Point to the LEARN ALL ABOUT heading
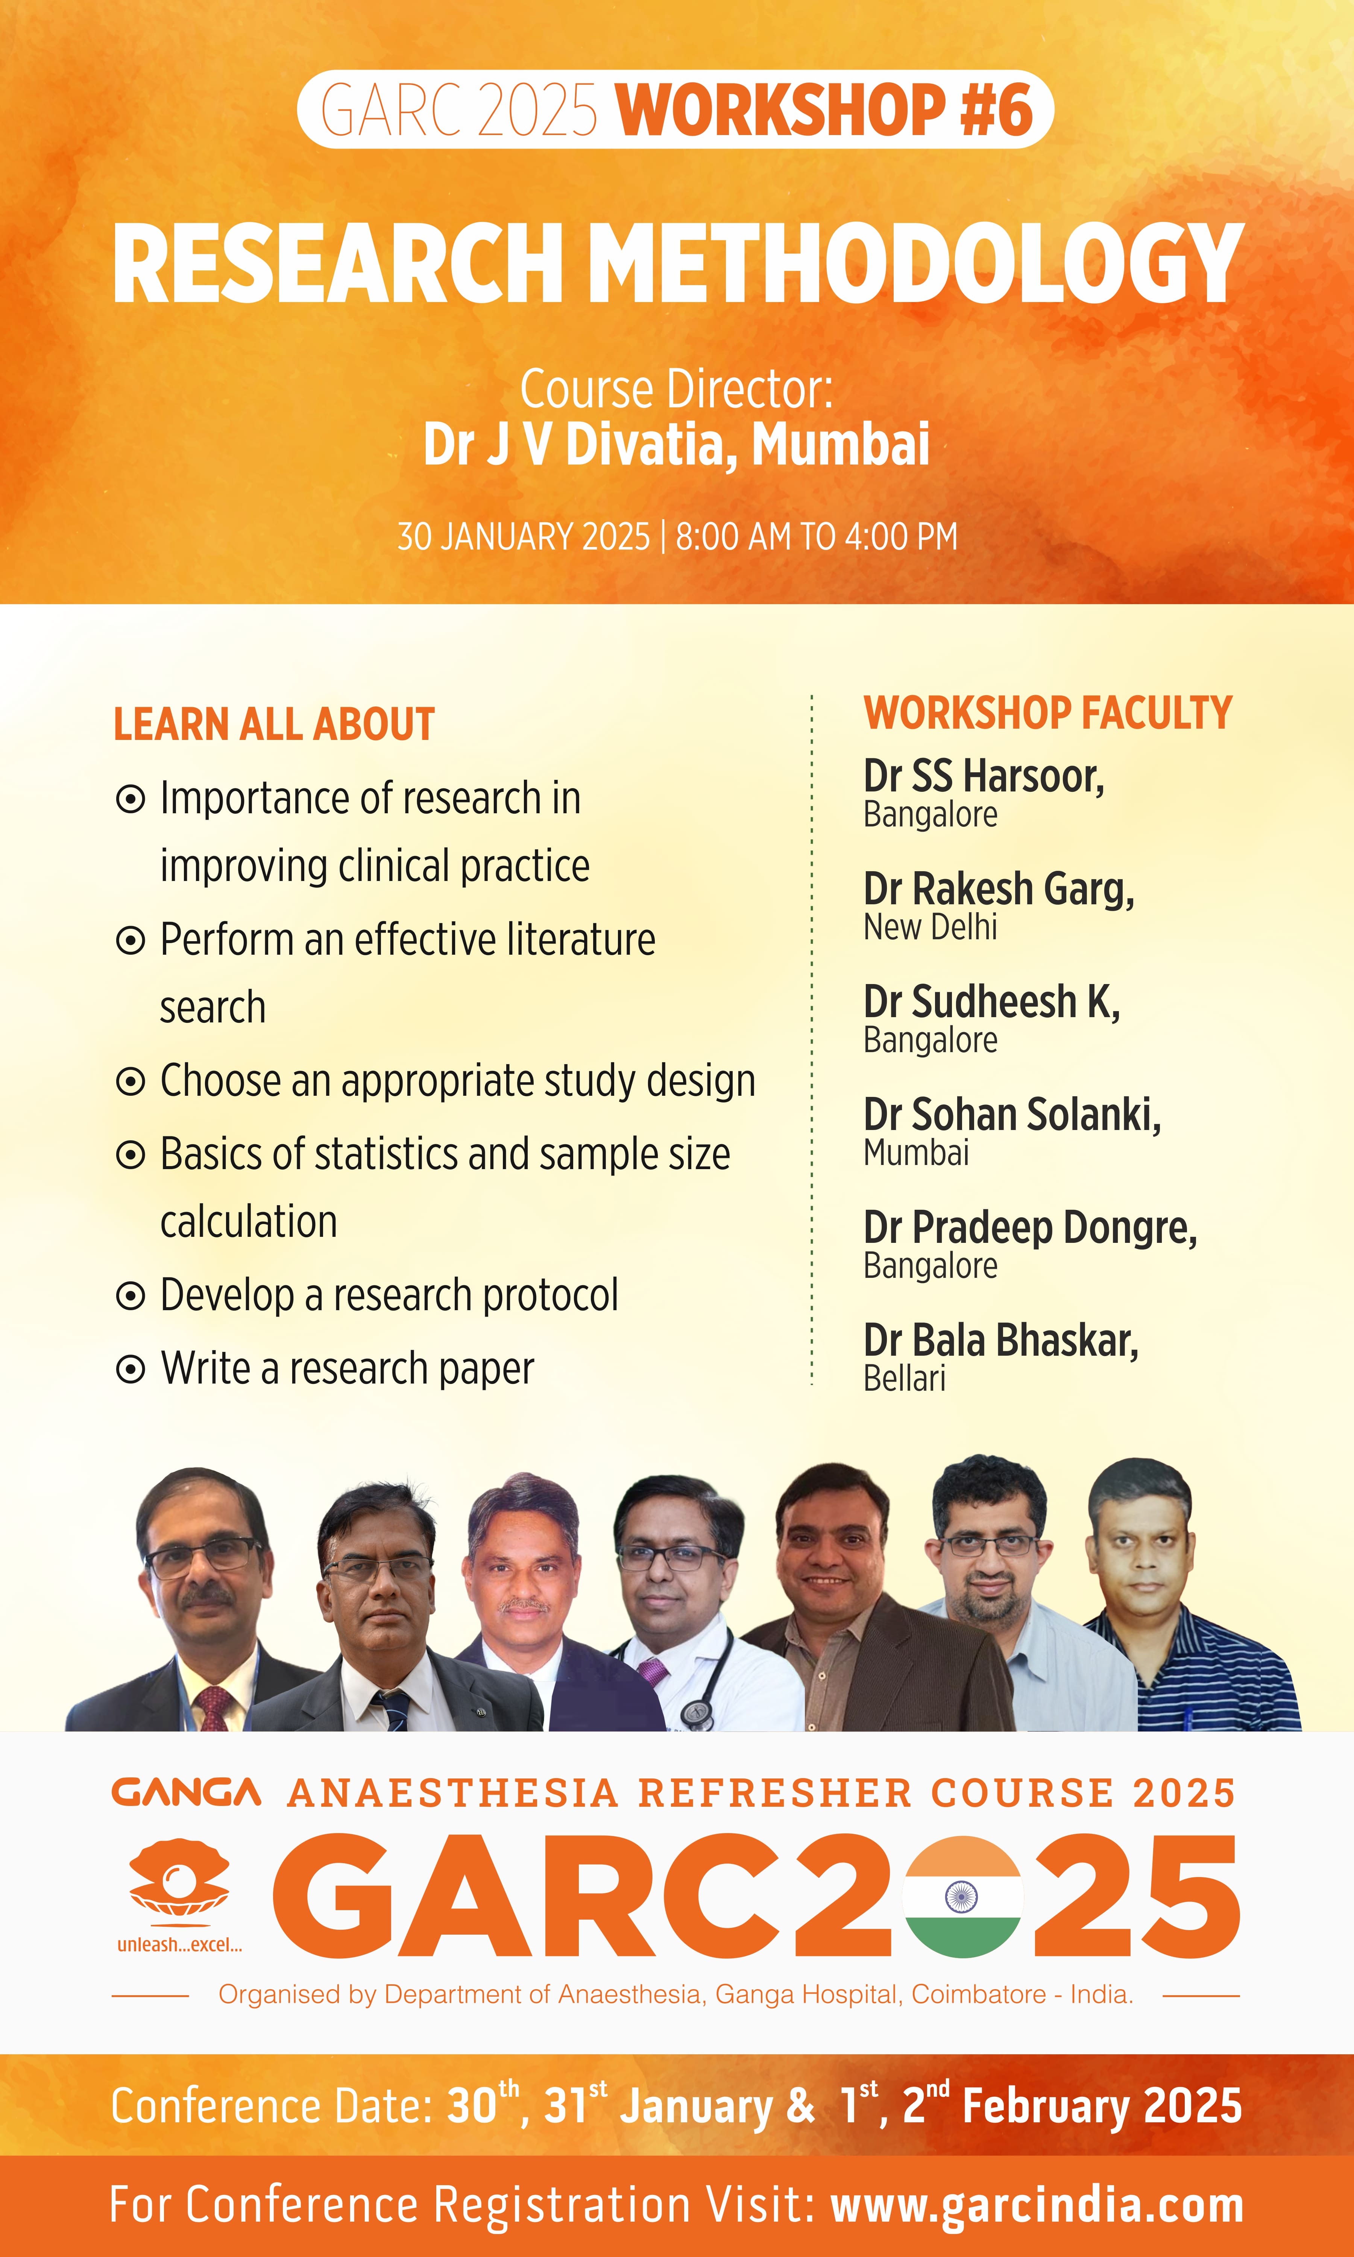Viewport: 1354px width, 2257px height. (x=274, y=724)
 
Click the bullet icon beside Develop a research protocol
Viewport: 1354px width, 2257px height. (x=131, y=1296)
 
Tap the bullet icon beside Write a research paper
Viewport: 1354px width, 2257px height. (x=131, y=1368)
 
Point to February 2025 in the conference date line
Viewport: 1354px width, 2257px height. (x=1102, y=2105)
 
